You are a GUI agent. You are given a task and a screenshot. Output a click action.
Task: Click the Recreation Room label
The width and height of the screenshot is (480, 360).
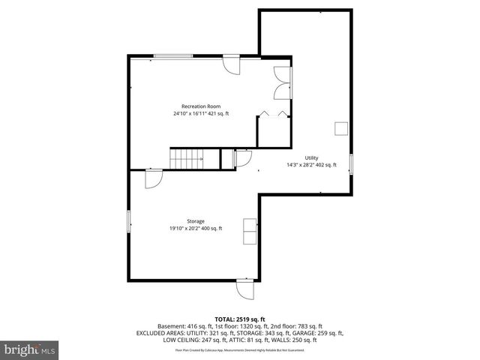coord(201,106)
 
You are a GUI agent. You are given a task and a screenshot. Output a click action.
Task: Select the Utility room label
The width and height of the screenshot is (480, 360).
coord(311,157)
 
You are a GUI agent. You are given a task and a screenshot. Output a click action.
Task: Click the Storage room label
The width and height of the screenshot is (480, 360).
coord(185,221)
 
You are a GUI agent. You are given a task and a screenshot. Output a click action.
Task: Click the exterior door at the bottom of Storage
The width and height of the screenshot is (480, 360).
coord(245,289)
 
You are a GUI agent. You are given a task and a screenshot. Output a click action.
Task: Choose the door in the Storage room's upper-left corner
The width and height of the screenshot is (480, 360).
coord(152,179)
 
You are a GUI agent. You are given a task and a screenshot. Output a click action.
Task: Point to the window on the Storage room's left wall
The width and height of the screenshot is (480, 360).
coord(129,222)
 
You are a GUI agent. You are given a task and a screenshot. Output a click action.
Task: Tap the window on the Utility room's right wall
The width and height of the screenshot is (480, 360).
coord(351,165)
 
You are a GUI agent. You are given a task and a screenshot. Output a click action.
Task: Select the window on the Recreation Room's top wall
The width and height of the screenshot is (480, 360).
coord(172,55)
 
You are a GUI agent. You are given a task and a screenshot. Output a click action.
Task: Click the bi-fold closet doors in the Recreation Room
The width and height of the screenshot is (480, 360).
coord(271,114)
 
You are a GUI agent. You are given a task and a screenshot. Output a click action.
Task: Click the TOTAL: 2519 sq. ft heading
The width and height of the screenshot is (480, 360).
coord(239,319)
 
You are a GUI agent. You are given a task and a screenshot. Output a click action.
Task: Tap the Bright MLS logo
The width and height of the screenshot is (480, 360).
coord(30,349)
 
